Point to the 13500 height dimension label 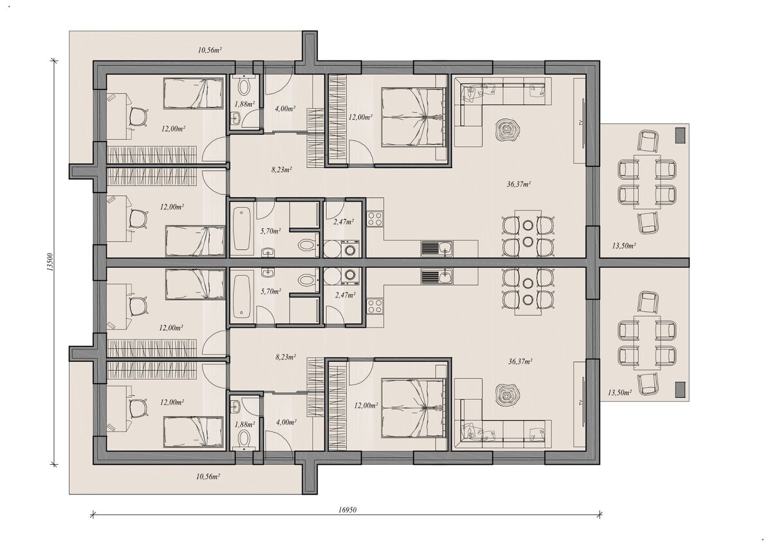50,262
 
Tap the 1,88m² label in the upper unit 244,104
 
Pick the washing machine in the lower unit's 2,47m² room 351,275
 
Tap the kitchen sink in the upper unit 437,249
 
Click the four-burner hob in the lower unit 374,305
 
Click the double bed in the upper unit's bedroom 413,117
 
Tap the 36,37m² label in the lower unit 520,362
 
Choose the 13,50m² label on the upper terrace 624,246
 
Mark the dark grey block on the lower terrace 680,390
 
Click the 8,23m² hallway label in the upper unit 282,170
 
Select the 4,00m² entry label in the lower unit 286,422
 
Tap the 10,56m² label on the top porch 210,50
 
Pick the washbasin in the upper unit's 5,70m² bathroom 268,252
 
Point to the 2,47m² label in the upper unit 344,221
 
